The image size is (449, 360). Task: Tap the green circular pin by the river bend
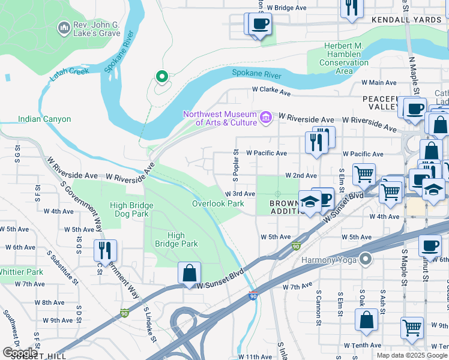click(161, 76)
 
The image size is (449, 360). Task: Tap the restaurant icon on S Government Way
click(106, 251)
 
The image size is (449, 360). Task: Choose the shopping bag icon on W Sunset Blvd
click(189, 273)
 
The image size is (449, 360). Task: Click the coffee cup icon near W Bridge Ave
click(260, 24)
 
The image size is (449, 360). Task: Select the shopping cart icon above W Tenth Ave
click(412, 328)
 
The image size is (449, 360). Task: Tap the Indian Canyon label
click(44, 119)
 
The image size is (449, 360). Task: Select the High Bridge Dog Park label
click(131, 209)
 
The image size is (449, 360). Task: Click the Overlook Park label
click(218, 203)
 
